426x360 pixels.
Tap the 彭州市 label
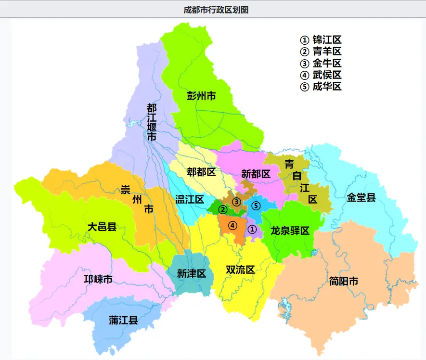tap(201, 96)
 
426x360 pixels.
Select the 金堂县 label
tap(361, 197)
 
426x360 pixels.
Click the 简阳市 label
tap(344, 282)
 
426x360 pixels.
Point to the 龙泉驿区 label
tap(290, 230)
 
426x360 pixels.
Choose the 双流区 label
tap(240, 270)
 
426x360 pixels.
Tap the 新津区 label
tap(191, 274)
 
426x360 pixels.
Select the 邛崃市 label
tap(98, 279)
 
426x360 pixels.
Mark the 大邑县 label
tap(102, 227)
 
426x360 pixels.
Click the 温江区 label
tap(190, 199)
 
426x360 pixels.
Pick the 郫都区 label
tap(201, 172)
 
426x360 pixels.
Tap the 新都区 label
tap(256, 174)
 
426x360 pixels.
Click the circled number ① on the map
tap(252, 230)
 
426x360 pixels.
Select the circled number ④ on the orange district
tap(232, 225)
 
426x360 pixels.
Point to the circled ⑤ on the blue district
tap(256, 206)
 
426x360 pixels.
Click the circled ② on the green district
tap(222, 209)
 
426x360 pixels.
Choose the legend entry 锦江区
tap(321, 40)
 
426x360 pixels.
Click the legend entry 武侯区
tap(321, 75)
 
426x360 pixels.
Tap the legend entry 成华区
tap(321, 87)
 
